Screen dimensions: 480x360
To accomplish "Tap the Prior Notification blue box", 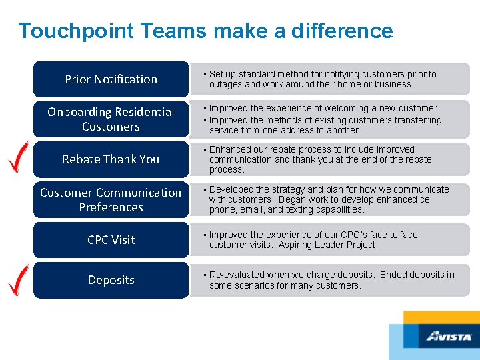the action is point(111,79).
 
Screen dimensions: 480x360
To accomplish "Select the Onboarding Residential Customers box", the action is point(111,119).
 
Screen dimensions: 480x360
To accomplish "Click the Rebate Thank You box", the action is point(111,159).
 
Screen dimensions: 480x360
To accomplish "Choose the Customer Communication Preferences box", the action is point(111,200).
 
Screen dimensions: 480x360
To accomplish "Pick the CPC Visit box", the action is point(111,240).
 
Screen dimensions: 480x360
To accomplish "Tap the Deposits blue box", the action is point(111,280).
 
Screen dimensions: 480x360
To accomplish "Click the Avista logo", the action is point(449,337).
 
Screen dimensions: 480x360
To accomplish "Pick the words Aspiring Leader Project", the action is point(337,245).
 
